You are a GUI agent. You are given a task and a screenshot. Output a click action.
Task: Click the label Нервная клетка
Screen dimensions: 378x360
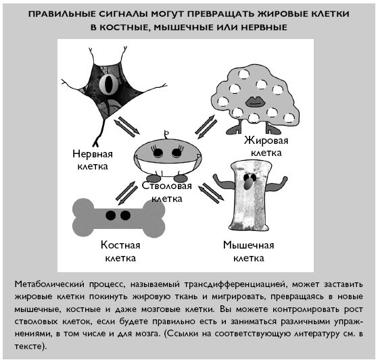click(93, 160)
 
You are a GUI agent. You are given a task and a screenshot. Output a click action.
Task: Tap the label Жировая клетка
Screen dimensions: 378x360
click(266, 147)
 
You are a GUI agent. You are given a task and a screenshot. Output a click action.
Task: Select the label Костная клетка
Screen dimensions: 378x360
click(120, 251)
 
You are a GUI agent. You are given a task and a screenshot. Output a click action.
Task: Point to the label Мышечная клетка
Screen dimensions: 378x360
click(249, 251)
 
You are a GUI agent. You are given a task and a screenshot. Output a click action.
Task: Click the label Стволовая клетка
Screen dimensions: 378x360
click(167, 192)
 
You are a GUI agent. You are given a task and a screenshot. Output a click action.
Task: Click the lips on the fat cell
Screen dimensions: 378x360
click(256, 101)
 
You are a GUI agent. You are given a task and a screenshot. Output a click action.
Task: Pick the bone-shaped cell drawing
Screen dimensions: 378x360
click(119, 218)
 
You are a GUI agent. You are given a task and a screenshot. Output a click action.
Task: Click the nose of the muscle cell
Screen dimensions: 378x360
click(247, 184)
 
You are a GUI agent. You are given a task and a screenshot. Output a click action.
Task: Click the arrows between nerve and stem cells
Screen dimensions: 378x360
click(126, 127)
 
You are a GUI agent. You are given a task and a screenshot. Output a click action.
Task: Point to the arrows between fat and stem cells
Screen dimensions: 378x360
click(206, 127)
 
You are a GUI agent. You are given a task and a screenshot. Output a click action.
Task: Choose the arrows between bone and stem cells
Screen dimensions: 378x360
click(126, 193)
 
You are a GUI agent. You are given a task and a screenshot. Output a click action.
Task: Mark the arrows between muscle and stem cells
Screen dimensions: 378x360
click(211, 193)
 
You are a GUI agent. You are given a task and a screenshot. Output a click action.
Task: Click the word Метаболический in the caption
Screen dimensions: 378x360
click(49, 284)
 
